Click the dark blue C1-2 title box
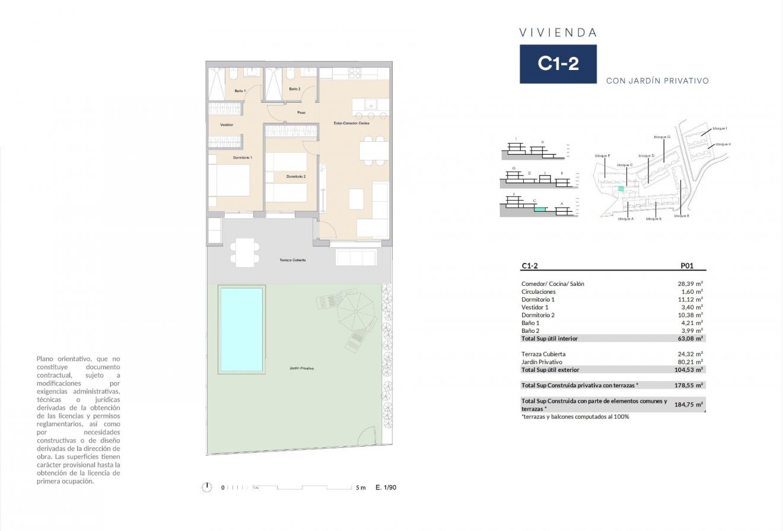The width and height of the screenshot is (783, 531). pyautogui.click(x=558, y=63)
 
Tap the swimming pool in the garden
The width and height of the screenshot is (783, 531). pyautogui.click(x=241, y=329)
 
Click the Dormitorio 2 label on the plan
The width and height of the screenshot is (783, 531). pyautogui.click(x=296, y=177)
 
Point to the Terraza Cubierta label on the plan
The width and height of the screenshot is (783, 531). pyautogui.click(x=292, y=260)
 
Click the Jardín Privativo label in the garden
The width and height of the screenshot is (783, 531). pyautogui.click(x=301, y=368)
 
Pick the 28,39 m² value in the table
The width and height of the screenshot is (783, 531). pyautogui.click(x=691, y=284)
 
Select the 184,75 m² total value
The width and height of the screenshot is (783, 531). pyautogui.click(x=691, y=405)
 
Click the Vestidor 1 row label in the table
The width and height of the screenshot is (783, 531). pyautogui.click(x=536, y=307)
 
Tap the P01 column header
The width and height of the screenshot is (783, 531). pyautogui.click(x=686, y=266)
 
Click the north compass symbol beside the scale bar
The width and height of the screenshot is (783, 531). pyautogui.click(x=206, y=487)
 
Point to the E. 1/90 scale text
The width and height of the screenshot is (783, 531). pyautogui.click(x=386, y=487)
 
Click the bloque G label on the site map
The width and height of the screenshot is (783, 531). pyautogui.click(x=662, y=137)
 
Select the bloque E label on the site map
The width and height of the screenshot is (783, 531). pyautogui.click(x=681, y=216)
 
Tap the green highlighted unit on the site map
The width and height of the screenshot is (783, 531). pyautogui.click(x=621, y=189)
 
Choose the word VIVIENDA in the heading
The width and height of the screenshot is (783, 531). pyautogui.click(x=558, y=33)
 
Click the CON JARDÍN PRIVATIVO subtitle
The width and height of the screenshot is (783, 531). pyautogui.click(x=657, y=81)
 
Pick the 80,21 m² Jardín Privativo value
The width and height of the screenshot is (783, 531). pyautogui.click(x=691, y=361)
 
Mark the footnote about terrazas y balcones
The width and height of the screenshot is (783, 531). pyautogui.click(x=575, y=416)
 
